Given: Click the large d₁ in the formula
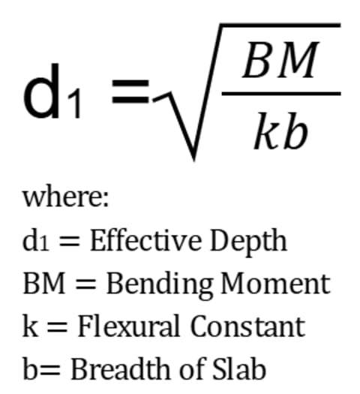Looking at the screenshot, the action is pyautogui.click(x=52, y=91).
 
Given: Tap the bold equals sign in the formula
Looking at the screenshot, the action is pyautogui.click(x=130, y=92).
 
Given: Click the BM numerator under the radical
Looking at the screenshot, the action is pyautogui.click(x=280, y=59).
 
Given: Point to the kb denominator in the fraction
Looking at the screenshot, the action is pyautogui.click(x=281, y=131).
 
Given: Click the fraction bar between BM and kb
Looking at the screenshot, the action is pyautogui.click(x=281, y=94).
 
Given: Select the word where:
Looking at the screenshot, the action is pyautogui.click(x=66, y=198).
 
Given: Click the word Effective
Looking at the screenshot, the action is pyautogui.click(x=145, y=240).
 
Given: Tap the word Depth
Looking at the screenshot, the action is pyautogui.click(x=248, y=243).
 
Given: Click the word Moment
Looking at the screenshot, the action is pyautogui.click(x=275, y=284).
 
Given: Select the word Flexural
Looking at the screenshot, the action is pyautogui.click(x=129, y=326).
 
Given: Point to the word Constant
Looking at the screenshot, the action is pyautogui.click(x=247, y=326).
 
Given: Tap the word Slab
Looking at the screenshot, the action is pyautogui.click(x=239, y=368).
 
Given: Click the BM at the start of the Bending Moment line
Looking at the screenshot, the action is pyautogui.click(x=44, y=284).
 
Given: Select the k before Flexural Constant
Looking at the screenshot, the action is pyautogui.click(x=31, y=326).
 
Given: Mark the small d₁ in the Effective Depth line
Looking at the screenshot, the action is pyautogui.click(x=35, y=240).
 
